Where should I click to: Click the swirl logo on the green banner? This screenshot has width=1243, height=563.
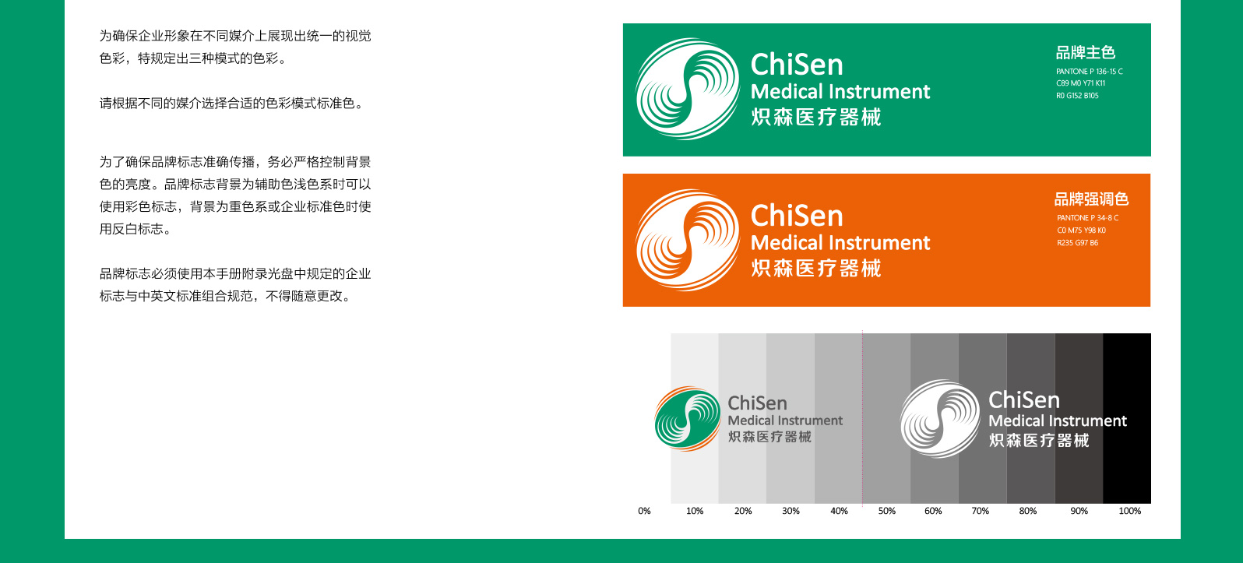point(687,89)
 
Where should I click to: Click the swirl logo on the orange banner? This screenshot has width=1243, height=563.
point(687,240)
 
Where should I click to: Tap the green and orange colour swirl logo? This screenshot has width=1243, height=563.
point(688,419)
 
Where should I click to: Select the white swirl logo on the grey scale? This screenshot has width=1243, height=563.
point(940,419)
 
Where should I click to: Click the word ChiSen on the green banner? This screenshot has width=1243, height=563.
point(797,65)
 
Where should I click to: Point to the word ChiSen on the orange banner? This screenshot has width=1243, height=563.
point(797,215)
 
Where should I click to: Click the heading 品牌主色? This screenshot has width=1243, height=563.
point(1086,53)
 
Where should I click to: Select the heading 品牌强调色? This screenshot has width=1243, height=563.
point(1091,199)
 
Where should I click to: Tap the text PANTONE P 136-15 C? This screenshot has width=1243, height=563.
point(1090,72)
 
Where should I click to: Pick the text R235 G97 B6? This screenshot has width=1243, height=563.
point(1078,243)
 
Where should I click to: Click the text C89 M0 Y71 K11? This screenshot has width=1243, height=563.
point(1080,83)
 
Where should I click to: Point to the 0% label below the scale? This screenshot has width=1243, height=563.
point(644,511)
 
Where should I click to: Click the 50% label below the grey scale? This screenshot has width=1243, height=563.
point(887,511)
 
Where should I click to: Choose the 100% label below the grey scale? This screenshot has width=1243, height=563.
point(1130,511)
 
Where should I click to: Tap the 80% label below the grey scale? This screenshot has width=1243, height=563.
point(1028,511)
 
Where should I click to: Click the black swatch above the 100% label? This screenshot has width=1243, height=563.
point(1127,418)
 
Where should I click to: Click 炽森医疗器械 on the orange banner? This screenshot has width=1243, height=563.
point(815,269)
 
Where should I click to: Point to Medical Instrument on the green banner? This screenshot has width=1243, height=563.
point(840,92)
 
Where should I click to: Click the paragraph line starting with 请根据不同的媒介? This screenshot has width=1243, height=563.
point(232,104)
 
